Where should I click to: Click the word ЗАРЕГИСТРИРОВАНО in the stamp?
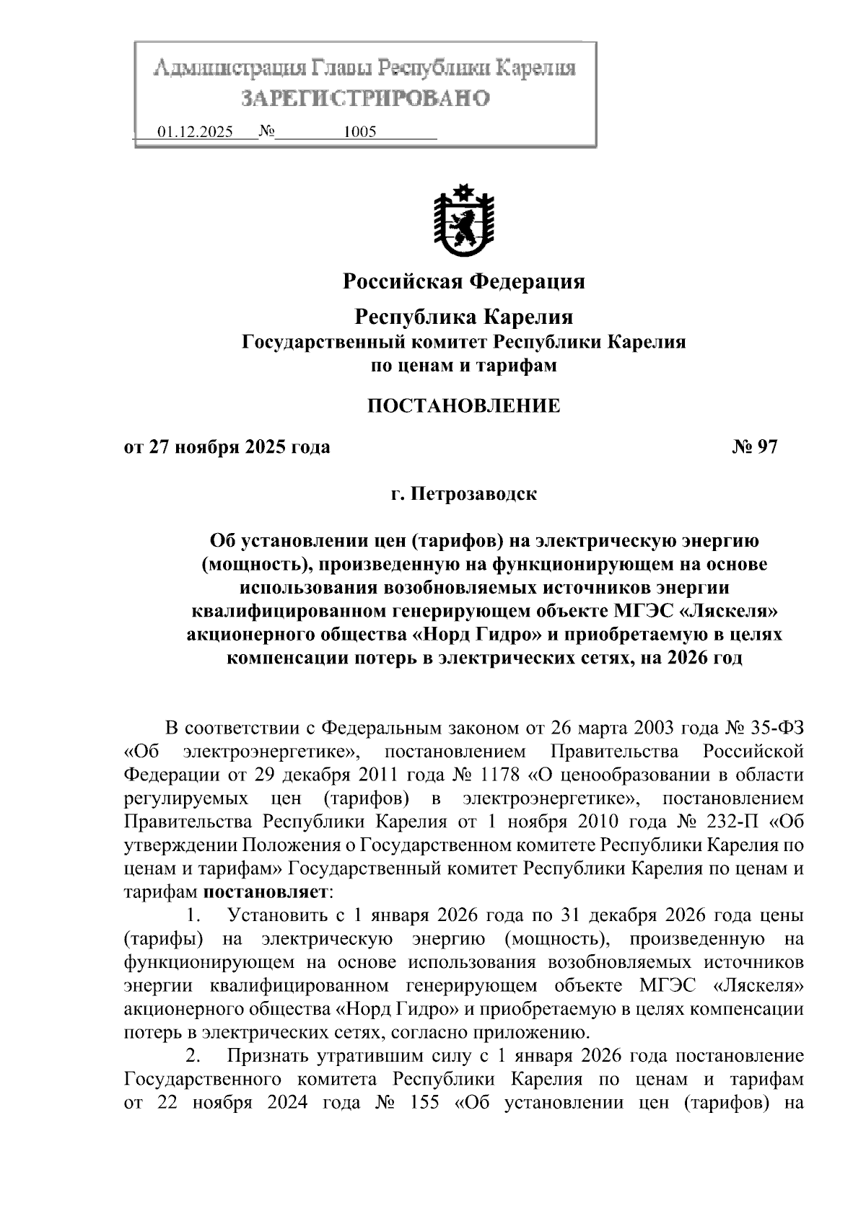pos(364,98)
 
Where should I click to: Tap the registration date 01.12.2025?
pos(195,133)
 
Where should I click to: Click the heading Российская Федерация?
pos(463,281)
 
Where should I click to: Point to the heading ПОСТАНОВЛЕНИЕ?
pos(463,405)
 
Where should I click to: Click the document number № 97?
pos(755,447)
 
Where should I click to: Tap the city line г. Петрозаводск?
pos(463,495)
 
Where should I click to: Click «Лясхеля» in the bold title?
pos(732,612)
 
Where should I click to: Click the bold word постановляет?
pos(266,892)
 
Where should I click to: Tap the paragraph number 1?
pos(192,916)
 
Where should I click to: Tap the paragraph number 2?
pos(192,1057)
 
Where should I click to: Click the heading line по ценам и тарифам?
pos(463,366)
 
